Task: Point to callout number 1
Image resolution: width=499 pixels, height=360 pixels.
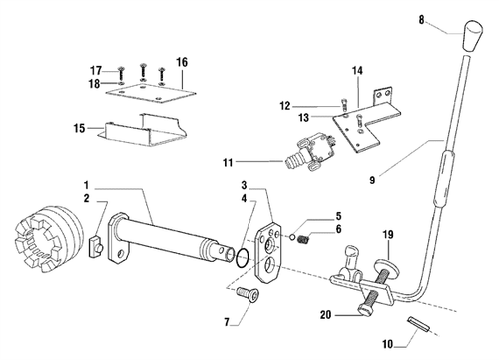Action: (88, 186)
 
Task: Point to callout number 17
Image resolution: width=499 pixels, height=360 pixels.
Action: (97, 69)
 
